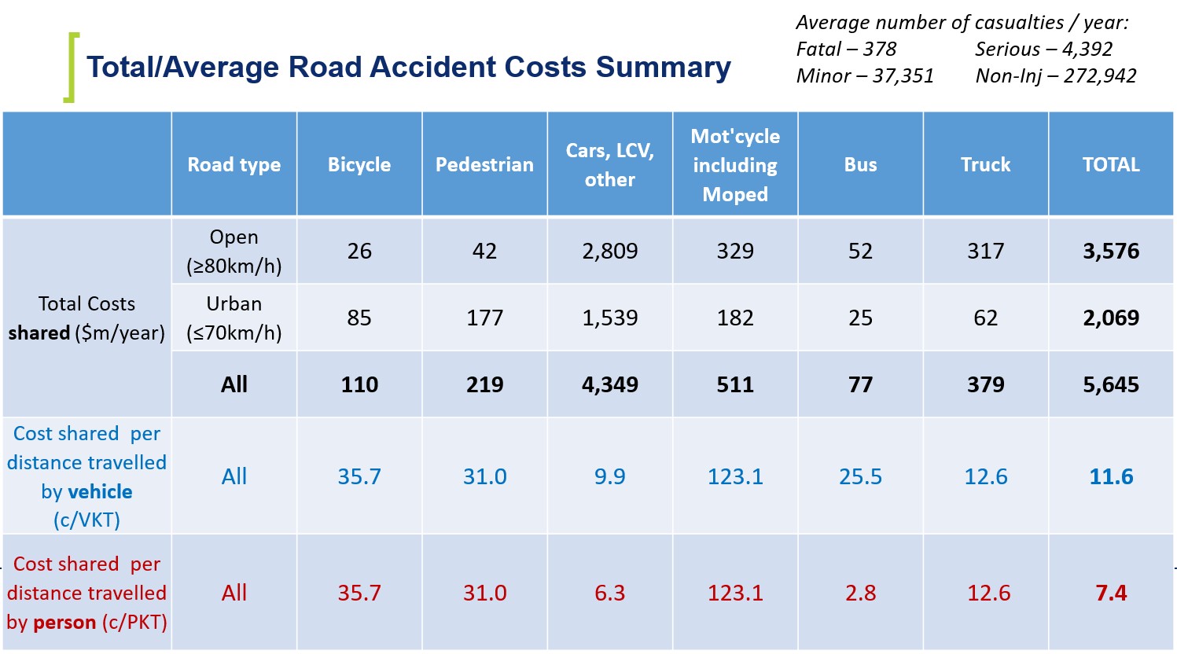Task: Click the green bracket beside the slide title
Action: pyautogui.click(x=71, y=68)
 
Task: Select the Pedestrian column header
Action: pyautogui.click(x=484, y=164)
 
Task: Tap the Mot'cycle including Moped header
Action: pyautogui.click(x=735, y=165)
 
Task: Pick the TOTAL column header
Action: pyautogui.click(x=1111, y=164)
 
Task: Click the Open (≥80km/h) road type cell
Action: pyautogui.click(x=234, y=252)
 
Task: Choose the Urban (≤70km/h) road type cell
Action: pyautogui.click(x=234, y=318)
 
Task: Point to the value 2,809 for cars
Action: pyautogui.click(x=610, y=252)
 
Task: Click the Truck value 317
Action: pyautogui.click(x=986, y=252)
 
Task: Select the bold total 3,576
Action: pyautogui.click(x=1111, y=252)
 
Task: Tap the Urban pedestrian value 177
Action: pyautogui.click(x=484, y=318)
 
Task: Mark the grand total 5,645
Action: pyautogui.click(x=1111, y=385)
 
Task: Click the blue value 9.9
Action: pyautogui.click(x=610, y=477)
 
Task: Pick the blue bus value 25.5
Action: pyautogui.click(x=861, y=477)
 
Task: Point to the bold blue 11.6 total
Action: pyautogui.click(x=1111, y=477)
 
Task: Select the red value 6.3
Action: pyautogui.click(x=610, y=593)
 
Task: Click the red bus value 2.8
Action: pyautogui.click(x=861, y=593)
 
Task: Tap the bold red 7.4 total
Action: pyautogui.click(x=1111, y=593)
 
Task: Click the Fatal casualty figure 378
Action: pyautogui.click(x=880, y=50)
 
